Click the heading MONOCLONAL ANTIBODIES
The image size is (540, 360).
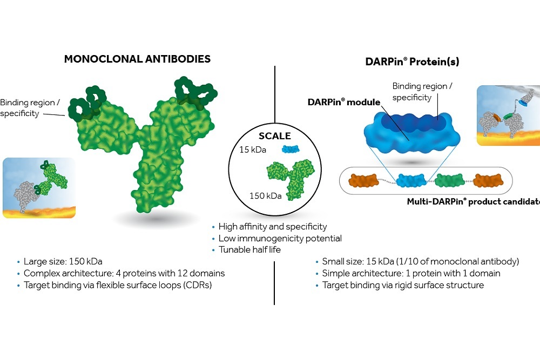(x=137, y=59)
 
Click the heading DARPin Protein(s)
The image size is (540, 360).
(x=413, y=62)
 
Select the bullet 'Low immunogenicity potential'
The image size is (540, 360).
(x=280, y=238)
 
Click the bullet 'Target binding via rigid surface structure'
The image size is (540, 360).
(x=403, y=285)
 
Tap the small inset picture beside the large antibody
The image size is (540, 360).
(x=39, y=188)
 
